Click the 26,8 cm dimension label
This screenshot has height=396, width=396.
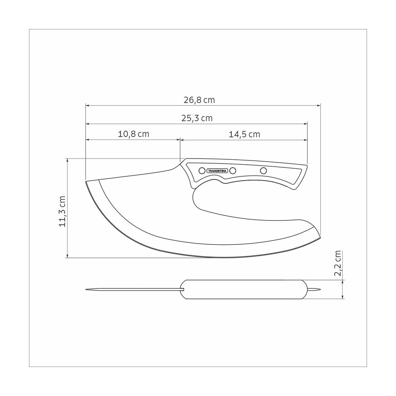click(199, 100)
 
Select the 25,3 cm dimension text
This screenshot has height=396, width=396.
click(197, 118)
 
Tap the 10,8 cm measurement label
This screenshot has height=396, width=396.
click(133, 134)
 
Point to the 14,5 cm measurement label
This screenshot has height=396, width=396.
click(244, 134)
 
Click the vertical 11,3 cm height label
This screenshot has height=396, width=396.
click(62, 212)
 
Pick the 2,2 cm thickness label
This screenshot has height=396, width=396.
click(337, 263)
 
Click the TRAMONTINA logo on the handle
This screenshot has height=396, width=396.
click(217, 171)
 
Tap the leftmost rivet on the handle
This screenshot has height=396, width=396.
click(202, 171)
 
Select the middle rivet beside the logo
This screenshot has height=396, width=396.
click(233, 171)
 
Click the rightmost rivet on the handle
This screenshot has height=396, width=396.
click(263, 171)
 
